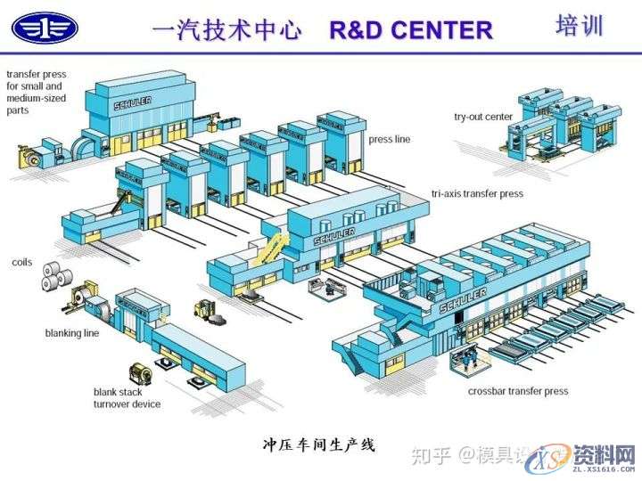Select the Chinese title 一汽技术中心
click(x=227, y=29)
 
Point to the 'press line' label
click(x=390, y=140)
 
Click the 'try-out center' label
click(x=483, y=117)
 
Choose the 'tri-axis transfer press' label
click(x=477, y=193)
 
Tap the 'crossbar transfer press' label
click(x=518, y=391)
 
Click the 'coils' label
click(x=22, y=263)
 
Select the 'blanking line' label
click(x=71, y=333)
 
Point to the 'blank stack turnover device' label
click(x=127, y=397)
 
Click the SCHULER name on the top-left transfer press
click(x=133, y=103)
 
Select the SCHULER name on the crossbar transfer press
click(x=462, y=304)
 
